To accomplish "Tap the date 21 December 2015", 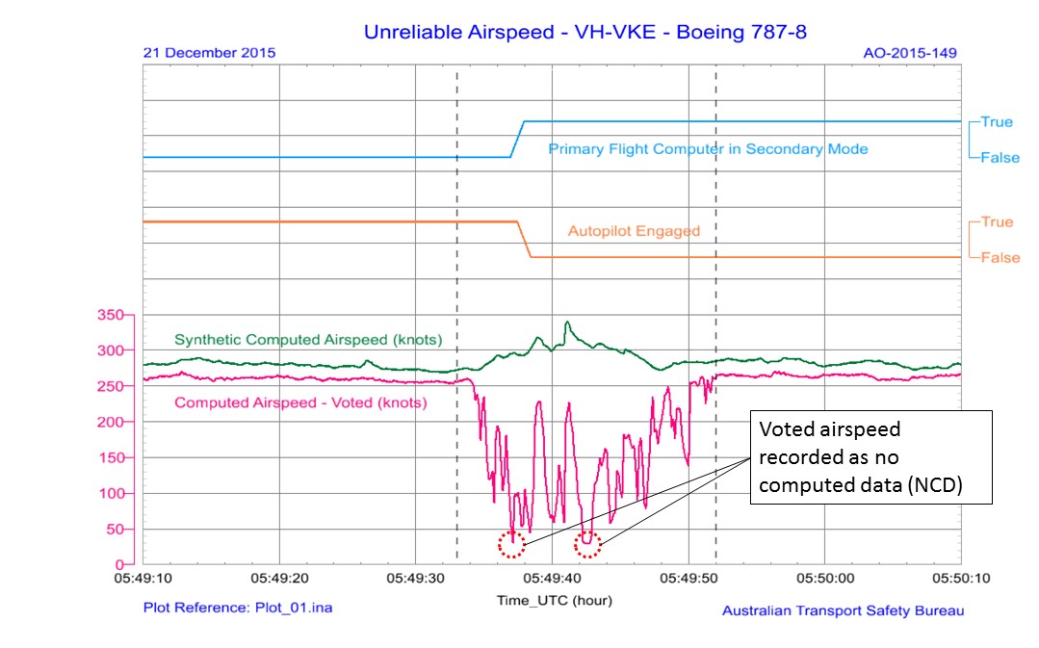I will [x=209, y=53].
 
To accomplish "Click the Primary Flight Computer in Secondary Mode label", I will [x=708, y=149].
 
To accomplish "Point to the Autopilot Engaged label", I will [x=634, y=231].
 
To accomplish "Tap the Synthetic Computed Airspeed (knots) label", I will [x=308, y=340].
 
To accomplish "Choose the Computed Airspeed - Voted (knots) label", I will [x=300, y=403].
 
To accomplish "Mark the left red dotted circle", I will [x=512, y=545].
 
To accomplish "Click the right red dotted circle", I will [x=588, y=545].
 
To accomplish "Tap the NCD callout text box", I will [x=870, y=457].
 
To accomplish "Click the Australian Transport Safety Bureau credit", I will [x=843, y=610].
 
